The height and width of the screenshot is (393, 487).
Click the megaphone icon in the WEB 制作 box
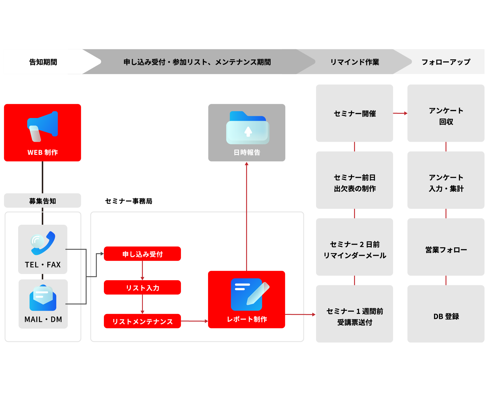click(42, 126)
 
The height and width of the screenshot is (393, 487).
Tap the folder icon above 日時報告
click(248, 128)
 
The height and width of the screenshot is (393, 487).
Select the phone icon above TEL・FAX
click(43, 243)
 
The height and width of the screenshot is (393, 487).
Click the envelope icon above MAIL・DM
click(43, 298)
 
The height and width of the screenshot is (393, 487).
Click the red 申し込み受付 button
click(142, 254)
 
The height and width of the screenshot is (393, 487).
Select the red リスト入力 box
click(142, 287)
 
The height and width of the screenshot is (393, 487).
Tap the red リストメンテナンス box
click(142, 321)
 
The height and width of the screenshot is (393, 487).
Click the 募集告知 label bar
click(42, 201)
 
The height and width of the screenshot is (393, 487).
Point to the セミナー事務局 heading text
click(129, 201)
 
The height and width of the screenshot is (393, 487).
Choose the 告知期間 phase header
click(43, 62)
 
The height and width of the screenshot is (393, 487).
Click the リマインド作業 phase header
click(354, 62)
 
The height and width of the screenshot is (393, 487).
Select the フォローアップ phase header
click(446, 62)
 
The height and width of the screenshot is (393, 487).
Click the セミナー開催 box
click(354, 113)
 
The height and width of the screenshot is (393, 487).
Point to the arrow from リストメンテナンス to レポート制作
click(195, 321)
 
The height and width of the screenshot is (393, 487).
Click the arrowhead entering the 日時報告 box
click(246, 164)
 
